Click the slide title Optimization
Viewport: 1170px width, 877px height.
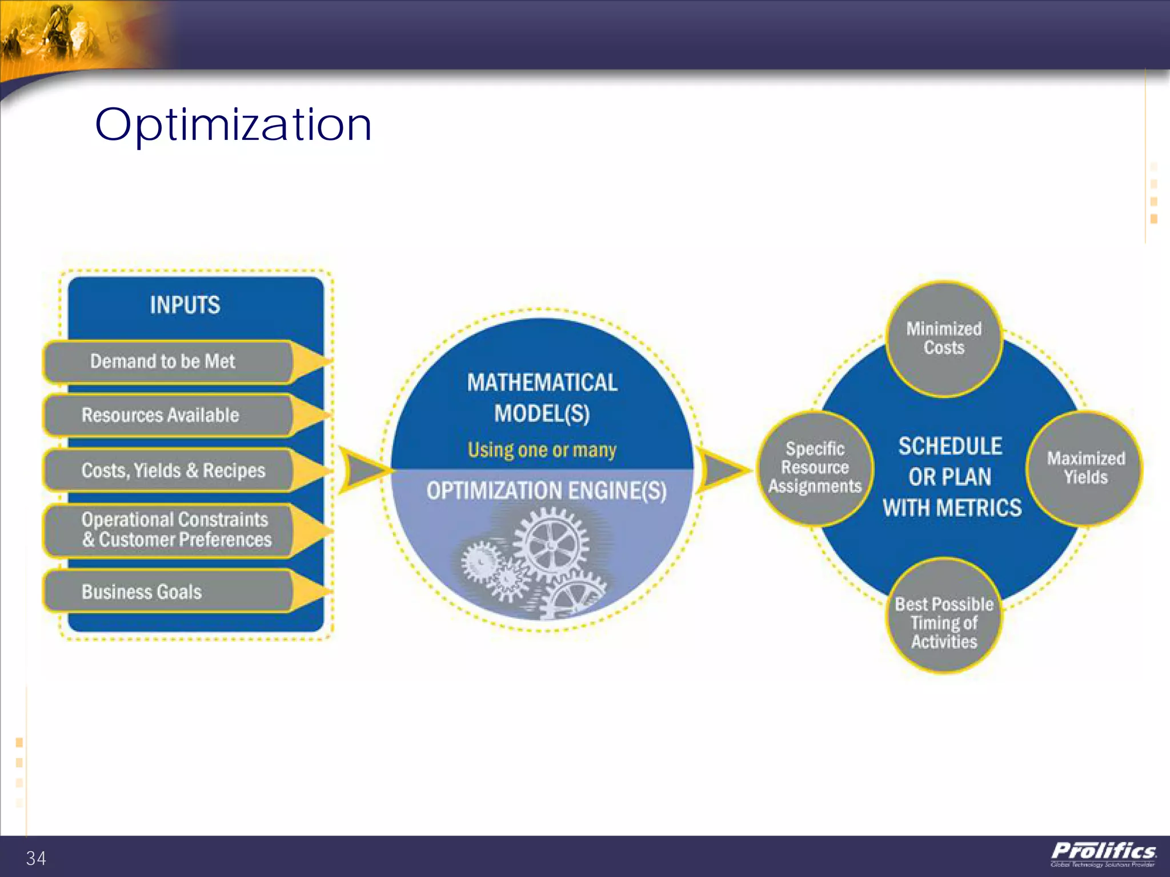coord(233,124)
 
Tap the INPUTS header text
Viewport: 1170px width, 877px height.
coord(185,305)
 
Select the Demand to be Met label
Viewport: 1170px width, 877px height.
coord(163,361)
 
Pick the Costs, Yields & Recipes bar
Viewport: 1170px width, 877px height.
coord(174,470)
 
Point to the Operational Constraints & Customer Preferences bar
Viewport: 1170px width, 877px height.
coord(176,530)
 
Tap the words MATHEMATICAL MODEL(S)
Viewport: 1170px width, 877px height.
coord(542,398)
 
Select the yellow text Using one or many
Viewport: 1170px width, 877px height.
coord(542,450)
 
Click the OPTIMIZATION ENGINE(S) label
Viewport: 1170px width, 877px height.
coord(546,491)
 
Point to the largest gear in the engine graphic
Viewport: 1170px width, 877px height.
coord(550,545)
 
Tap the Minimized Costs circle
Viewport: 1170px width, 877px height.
coord(944,339)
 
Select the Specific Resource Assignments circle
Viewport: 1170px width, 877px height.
coord(815,468)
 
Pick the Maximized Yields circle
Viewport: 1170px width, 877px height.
coord(1085,468)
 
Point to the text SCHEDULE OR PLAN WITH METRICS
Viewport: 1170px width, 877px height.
coord(951,477)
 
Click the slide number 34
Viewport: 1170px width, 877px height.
coord(36,858)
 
